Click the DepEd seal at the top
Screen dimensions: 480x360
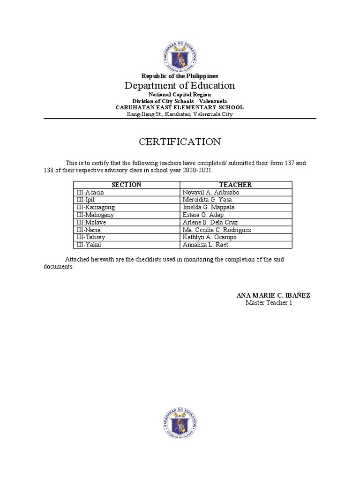coord(180,56)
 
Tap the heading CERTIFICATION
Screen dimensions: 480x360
coord(180,142)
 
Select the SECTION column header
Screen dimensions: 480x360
coord(126,185)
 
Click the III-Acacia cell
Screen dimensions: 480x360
coord(90,192)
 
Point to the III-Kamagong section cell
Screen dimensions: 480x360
coord(95,207)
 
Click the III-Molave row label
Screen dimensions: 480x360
coord(91,222)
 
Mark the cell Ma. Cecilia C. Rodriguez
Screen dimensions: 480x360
coord(217,230)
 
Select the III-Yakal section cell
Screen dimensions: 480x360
coord(89,245)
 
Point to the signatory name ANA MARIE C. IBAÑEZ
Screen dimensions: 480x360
coord(273,295)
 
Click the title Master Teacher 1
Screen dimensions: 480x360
coord(269,303)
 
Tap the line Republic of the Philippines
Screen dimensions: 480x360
coord(180,76)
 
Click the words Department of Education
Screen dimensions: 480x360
coord(180,85)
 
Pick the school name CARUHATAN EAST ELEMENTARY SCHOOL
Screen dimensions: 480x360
coord(180,107)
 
